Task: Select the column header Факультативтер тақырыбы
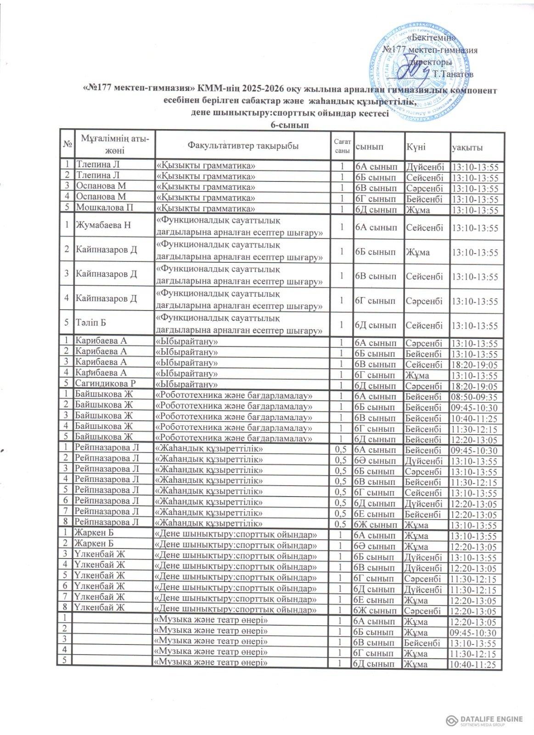(x=243, y=146)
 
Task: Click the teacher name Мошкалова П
(x=105, y=208)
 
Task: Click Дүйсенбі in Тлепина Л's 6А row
(x=423, y=165)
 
